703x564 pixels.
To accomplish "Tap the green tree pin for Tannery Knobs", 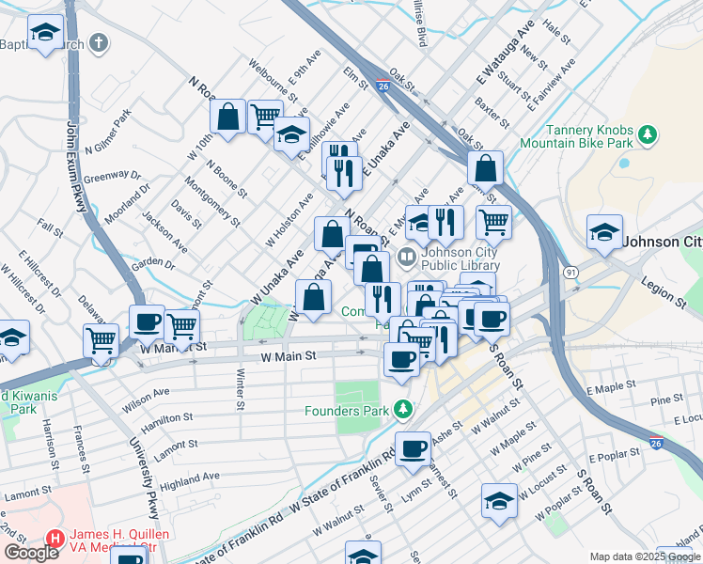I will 646,136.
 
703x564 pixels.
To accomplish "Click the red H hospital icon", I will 55,540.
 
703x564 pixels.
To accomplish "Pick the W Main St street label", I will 289,357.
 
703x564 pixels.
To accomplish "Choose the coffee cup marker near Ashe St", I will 413,447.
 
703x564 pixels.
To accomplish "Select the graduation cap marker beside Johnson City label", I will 604,231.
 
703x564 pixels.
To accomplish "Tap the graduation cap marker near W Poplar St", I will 499,500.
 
